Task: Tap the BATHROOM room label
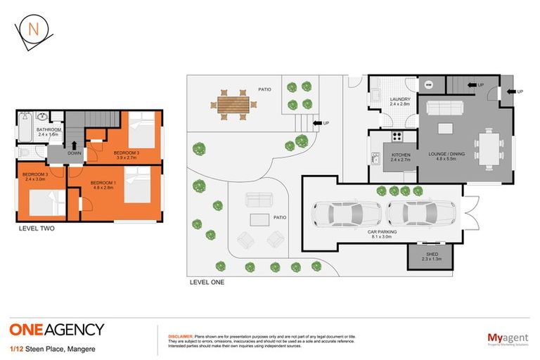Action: (50, 129)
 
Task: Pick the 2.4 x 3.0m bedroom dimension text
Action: (34, 179)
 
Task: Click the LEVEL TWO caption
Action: (37, 229)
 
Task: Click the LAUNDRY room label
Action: (399, 99)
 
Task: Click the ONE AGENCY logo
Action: (57, 329)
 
